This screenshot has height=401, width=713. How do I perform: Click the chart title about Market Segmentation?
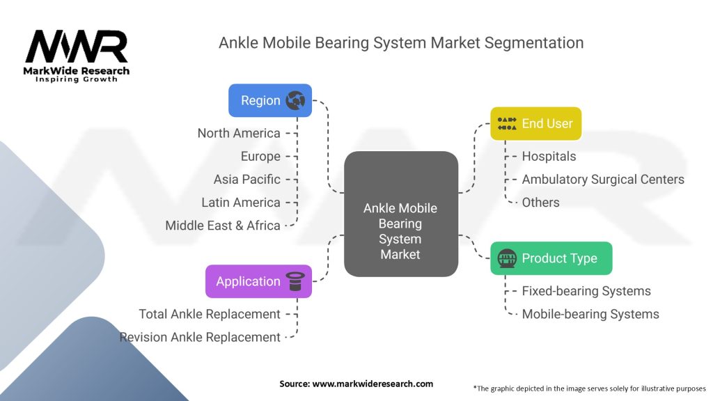[400, 42]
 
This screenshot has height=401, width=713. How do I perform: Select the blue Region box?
[270, 100]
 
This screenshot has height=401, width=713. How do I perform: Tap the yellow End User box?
[535, 123]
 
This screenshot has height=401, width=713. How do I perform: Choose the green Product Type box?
[551, 258]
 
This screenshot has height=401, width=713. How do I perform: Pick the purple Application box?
[258, 281]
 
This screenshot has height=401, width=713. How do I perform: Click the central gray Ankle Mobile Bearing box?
[400, 230]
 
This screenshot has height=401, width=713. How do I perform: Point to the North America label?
[239, 133]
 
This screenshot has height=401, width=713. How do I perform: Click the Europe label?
[260, 156]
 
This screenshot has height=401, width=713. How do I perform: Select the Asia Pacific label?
[247, 179]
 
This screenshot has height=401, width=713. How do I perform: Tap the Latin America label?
[241, 203]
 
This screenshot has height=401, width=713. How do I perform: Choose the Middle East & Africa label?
[223, 226]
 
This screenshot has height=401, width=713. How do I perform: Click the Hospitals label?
[549, 156]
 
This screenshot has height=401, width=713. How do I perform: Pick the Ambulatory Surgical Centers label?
[603, 179]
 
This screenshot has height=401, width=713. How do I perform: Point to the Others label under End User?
[541, 202]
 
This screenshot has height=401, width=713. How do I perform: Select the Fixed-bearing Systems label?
[586, 291]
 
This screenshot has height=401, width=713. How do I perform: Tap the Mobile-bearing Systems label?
[590, 314]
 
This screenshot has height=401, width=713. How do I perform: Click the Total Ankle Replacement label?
[210, 314]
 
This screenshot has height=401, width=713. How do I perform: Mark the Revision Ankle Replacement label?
[201, 337]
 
